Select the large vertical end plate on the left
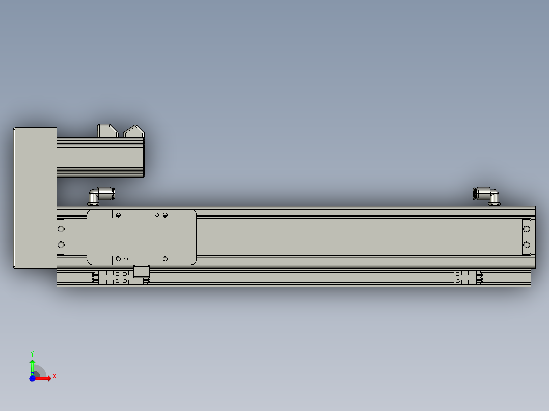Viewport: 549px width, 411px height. coord(35,197)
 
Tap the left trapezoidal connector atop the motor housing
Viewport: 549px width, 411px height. coord(107,130)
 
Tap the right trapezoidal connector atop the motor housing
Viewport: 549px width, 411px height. coord(134,131)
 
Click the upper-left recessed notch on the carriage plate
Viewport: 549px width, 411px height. coord(122,214)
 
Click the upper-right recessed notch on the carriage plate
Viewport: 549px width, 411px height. coord(161,214)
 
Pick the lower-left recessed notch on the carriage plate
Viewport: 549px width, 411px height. coord(122,259)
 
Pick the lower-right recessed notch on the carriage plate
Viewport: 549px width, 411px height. coord(161,259)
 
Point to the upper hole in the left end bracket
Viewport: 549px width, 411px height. coord(61,227)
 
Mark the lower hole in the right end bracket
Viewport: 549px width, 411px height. coord(527,245)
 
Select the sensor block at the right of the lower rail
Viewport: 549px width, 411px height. coord(461,277)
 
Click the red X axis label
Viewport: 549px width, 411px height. coord(54,376)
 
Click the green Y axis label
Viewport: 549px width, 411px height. coord(32,353)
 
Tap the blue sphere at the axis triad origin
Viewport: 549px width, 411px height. coord(32,378)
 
